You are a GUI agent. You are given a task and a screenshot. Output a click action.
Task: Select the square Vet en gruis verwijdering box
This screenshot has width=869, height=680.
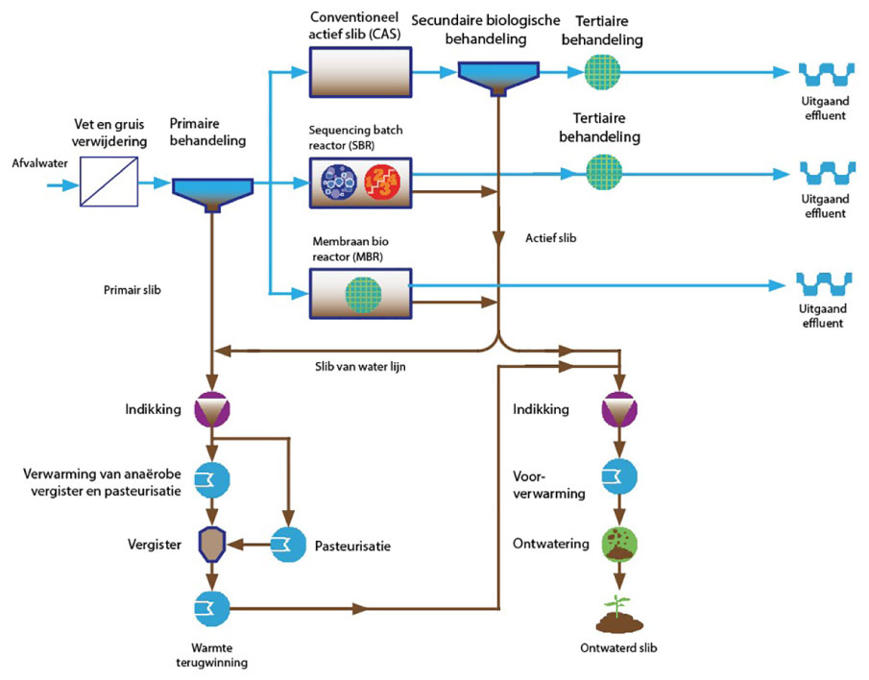[x=107, y=181]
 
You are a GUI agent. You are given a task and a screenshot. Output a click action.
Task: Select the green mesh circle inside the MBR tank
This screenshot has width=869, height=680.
[x=363, y=292]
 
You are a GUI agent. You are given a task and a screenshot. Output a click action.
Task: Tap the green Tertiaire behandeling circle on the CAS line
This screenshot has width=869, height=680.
[x=604, y=72]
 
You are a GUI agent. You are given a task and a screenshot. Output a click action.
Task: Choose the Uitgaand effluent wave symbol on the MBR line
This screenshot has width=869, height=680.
[x=823, y=285]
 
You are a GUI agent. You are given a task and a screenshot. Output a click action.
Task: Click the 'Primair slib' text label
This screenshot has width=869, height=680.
[x=132, y=287]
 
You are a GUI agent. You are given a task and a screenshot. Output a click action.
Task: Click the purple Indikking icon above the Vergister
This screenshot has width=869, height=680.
[x=210, y=410]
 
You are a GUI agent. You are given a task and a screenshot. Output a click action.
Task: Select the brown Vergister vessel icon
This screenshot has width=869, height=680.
[x=210, y=543]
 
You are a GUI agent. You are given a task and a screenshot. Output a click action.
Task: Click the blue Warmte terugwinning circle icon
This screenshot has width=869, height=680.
[x=210, y=607]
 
